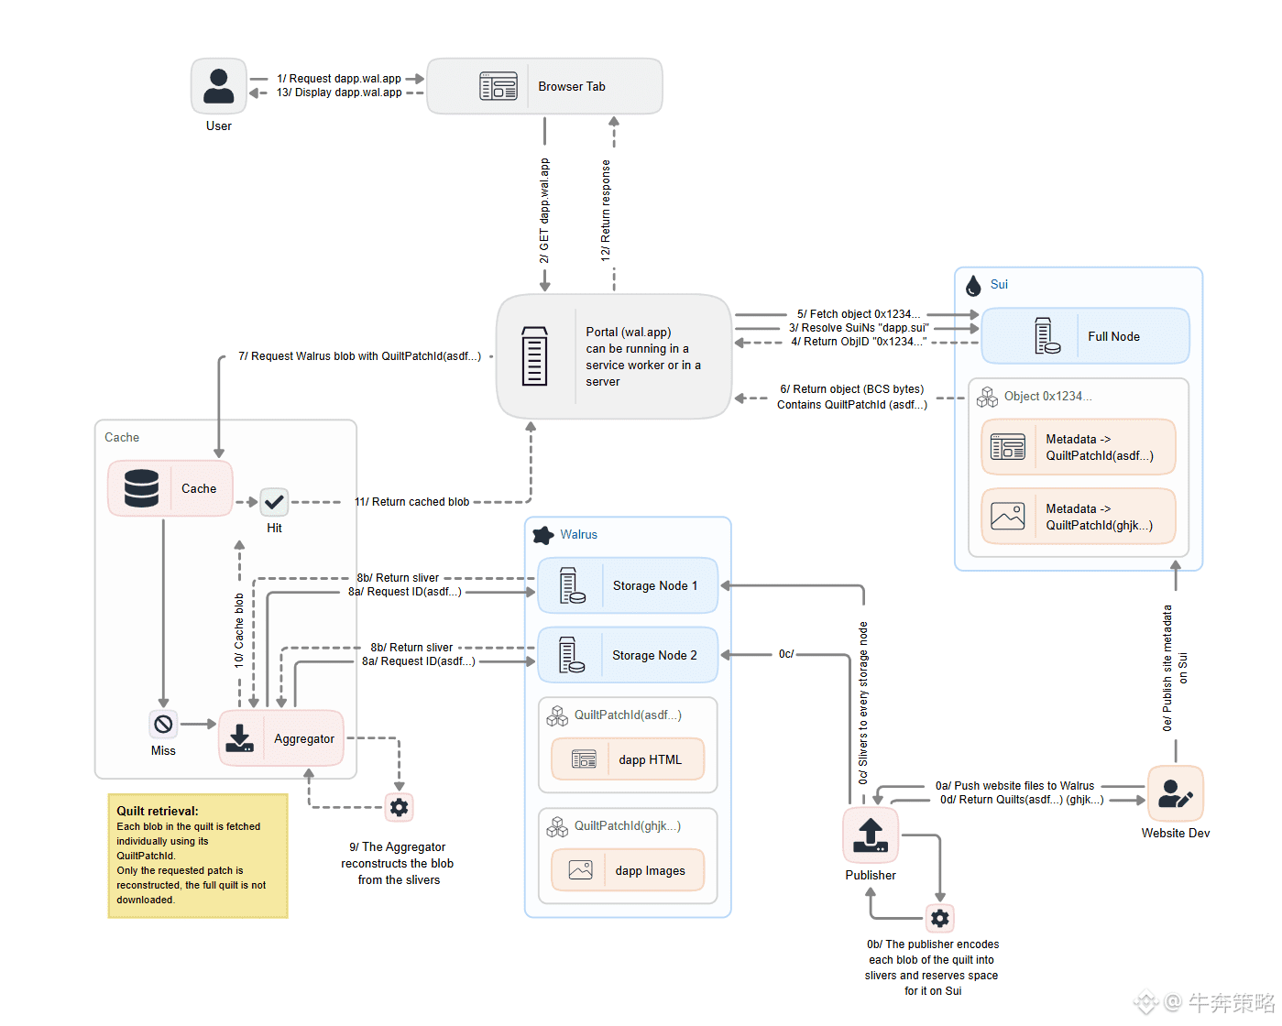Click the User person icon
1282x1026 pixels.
coord(218,86)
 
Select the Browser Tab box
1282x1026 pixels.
coord(544,86)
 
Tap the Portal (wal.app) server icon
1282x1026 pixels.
coord(534,356)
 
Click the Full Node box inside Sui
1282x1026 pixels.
coord(1085,336)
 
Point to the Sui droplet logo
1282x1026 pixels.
coord(973,286)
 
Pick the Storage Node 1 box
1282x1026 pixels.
coord(628,585)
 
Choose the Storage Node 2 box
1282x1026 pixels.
coord(628,655)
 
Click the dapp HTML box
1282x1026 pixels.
coord(628,759)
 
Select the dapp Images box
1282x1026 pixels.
coord(628,870)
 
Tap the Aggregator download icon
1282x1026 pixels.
coord(240,738)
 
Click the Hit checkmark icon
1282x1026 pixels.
coord(274,502)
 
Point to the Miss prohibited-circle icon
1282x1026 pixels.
coord(163,725)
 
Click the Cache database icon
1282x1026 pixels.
coord(141,488)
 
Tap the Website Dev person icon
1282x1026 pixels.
coord(1175,793)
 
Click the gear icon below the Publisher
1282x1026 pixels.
coord(940,918)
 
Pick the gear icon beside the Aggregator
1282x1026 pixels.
coord(399,807)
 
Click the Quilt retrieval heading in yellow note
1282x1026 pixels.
coord(157,811)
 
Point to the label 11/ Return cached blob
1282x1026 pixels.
coord(411,502)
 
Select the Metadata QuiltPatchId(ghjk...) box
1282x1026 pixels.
coord(1078,517)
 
